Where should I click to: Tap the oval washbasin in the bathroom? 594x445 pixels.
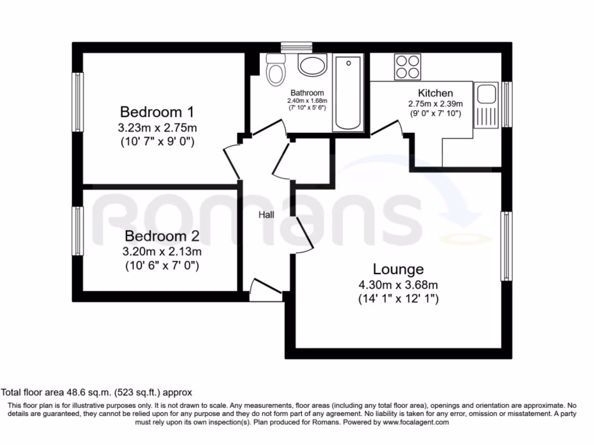click(313, 65)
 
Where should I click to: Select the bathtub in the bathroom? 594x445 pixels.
click(347, 93)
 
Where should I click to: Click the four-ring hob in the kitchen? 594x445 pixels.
click(407, 66)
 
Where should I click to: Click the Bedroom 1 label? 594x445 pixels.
click(157, 111)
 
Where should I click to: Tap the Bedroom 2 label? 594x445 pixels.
click(162, 236)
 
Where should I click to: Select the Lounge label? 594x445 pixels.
click(398, 269)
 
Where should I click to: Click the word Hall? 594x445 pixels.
click(266, 215)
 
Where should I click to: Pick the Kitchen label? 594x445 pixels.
click(436, 93)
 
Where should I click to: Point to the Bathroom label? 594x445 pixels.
click(307, 93)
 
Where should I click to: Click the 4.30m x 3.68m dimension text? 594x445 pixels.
click(398, 284)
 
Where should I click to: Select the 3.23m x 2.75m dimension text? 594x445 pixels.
click(157, 127)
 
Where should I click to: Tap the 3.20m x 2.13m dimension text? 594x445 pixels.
click(162, 252)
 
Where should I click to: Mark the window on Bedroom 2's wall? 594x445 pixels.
click(77, 231)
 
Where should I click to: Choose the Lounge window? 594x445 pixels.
click(507, 246)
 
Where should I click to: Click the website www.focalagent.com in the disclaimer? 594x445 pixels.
click(415, 423)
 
